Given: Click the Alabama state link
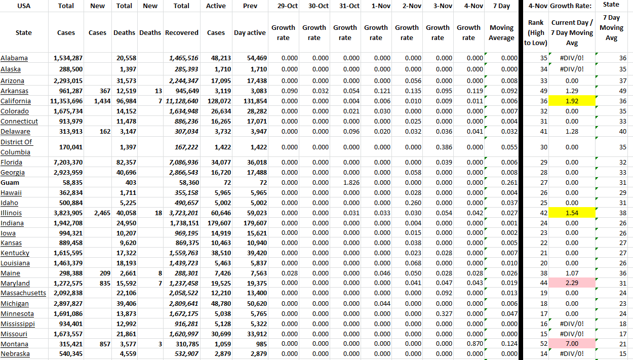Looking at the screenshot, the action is [x=14, y=58].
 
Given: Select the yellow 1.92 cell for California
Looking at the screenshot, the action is [x=572, y=101].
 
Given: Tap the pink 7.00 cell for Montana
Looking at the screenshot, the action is [x=572, y=344].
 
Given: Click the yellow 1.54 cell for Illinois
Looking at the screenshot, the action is [x=572, y=213].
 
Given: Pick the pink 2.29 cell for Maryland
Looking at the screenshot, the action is [x=572, y=284].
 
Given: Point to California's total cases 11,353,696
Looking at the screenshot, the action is [x=66, y=101].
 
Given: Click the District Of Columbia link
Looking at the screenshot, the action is [x=16, y=147].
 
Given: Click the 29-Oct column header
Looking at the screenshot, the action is [x=283, y=6].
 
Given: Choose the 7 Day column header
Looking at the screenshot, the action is [x=501, y=6].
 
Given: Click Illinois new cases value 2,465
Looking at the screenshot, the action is [x=102, y=213].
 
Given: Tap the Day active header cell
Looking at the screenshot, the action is [x=250, y=33].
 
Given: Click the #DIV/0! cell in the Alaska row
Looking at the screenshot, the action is [x=572, y=69].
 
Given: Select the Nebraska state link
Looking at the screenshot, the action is [x=15, y=354].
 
